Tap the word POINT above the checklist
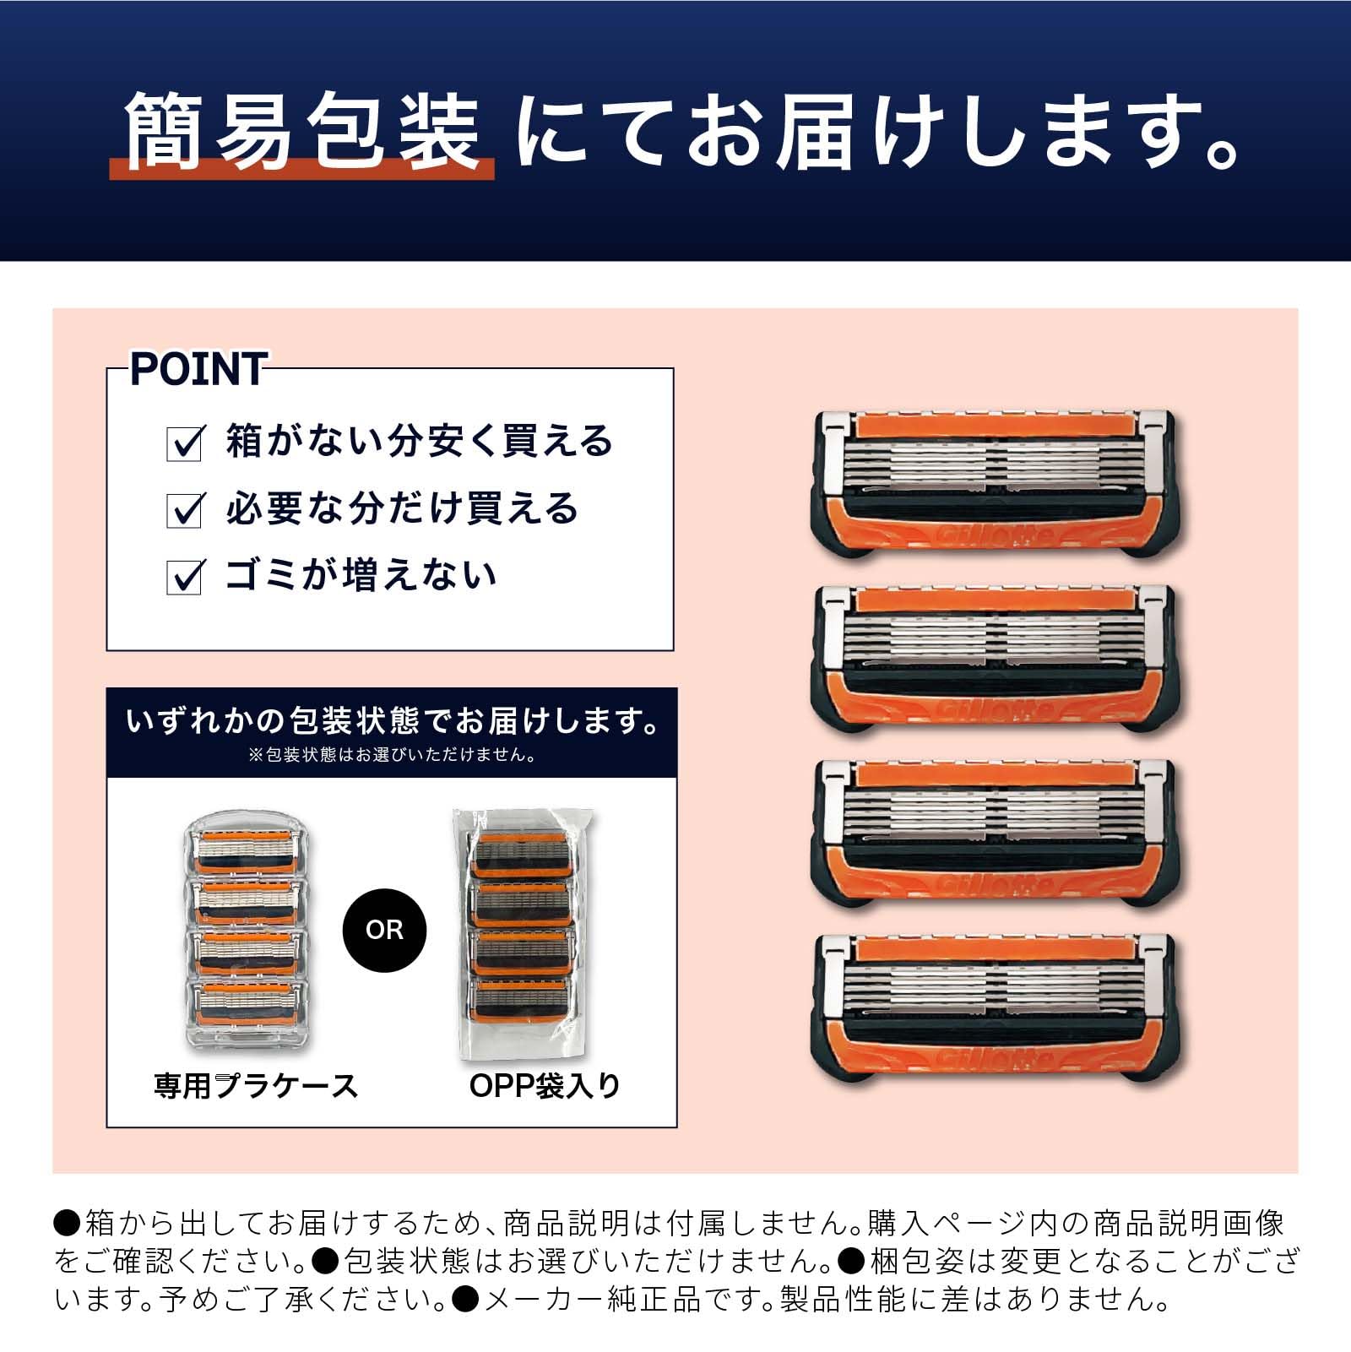click(198, 370)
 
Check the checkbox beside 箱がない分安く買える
click(184, 443)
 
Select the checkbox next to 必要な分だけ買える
click(184, 509)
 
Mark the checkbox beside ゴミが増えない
click(184, 577)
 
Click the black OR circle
click(384, 930)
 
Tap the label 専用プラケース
click(256, 1085)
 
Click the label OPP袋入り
click(545, 1085)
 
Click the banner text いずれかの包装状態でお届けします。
click(392, 721)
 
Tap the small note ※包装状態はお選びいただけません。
click(392, 755)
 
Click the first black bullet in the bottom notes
click(67, 1222)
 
